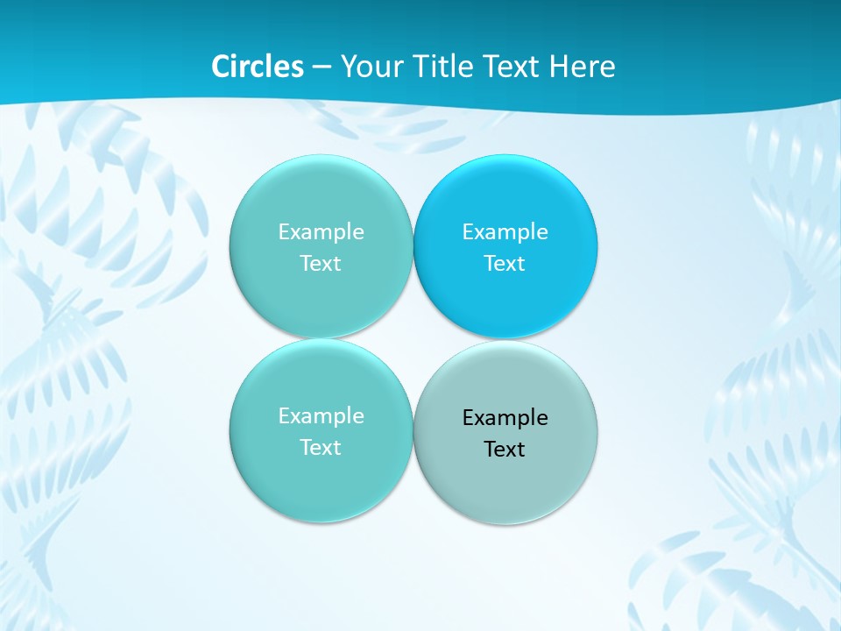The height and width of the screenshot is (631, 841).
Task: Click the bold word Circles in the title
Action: point(258,67)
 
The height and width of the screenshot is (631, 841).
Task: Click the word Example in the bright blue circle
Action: point(505,231)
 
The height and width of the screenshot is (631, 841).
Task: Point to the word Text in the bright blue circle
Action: point(505,263)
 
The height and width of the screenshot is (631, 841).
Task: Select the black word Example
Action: point(505,417)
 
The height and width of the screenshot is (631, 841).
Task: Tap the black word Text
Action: point(505,449)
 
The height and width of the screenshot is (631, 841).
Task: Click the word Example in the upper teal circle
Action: point(321,231)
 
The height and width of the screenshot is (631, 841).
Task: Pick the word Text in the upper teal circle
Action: point(321,263)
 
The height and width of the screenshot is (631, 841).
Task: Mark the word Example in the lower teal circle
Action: point(321,415)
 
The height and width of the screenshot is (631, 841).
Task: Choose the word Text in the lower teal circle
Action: point(321,447)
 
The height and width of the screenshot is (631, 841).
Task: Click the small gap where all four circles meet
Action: point(413,339)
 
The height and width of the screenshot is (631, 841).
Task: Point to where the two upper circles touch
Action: point(413,246)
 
